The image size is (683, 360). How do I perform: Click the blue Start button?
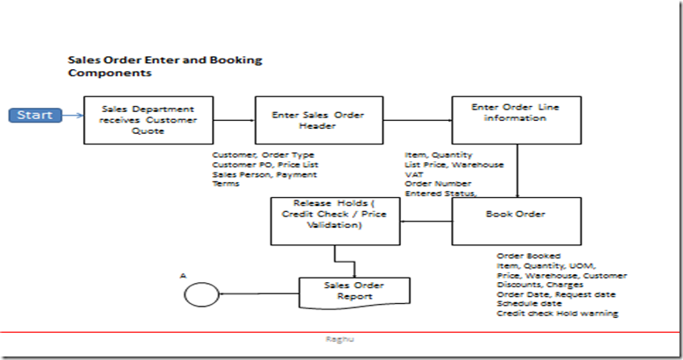pos(34,116)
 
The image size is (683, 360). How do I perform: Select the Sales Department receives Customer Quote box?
pos(150,120)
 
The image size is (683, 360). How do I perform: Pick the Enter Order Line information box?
pos(516,120)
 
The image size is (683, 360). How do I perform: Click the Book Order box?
pos(516,221)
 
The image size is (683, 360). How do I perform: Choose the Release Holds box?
pos(334,221)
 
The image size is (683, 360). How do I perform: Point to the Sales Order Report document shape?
pos(355,292)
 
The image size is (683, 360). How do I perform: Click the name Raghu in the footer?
pos(341,335)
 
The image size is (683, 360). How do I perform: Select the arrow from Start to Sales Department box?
pos(72,116)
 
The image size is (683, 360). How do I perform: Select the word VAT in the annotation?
pos(413,174)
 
